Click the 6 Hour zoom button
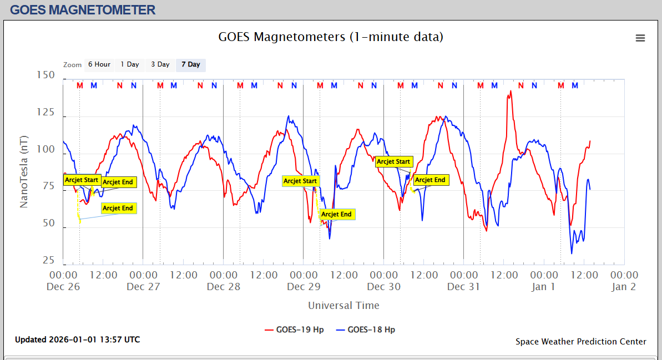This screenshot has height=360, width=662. coord(99,64)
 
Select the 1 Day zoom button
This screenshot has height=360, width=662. coord(130,64)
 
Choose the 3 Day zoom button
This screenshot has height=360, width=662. coord(160,64)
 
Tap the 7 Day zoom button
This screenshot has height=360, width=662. coord(191,64)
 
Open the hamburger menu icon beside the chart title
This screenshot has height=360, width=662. coord(640,38)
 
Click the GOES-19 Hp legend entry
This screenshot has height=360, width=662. coord(294,329)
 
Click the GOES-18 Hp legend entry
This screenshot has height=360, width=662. coord(366,329)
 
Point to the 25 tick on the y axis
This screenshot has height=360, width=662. coord(48,260)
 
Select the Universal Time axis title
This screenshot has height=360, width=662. coord(343,305)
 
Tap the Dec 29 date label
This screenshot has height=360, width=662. coord(304,287)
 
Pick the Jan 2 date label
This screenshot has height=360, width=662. coord(624,287)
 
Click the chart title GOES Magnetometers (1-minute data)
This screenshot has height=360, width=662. coord(331,37)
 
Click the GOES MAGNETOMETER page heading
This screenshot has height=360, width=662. coord(83,9)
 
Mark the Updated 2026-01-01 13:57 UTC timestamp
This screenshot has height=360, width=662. coord(77,339)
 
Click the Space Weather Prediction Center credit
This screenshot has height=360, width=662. coord(580,342)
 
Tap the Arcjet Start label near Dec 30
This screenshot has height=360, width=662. coord(393,161)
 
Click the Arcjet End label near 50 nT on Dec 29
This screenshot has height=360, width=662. coord(336,214)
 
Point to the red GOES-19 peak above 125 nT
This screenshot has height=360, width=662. coord(510,92)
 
